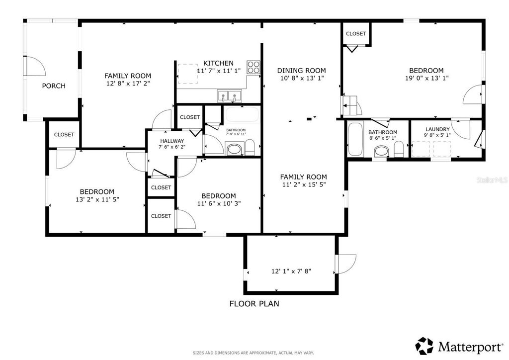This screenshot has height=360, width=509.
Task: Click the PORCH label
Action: [53, 86]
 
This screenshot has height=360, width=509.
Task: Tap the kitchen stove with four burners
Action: [254, 67]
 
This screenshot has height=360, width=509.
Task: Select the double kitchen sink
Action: [229, 95]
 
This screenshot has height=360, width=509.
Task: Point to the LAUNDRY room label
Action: [437, 129]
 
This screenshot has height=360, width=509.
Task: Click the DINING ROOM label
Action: [301, 71]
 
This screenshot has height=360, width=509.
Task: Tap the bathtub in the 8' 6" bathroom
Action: [355, 139]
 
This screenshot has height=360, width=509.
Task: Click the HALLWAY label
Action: [171, 141]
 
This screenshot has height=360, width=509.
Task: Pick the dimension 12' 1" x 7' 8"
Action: [291, 271]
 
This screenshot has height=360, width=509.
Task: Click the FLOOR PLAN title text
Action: [254, 303]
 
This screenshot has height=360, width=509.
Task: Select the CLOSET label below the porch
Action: [64, 135]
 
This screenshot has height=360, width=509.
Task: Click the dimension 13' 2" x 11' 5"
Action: [97, 199]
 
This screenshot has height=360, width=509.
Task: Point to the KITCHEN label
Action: [218, 63]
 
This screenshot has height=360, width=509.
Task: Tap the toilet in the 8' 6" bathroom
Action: [399, 148]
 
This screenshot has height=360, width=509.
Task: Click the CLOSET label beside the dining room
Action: [355, 34]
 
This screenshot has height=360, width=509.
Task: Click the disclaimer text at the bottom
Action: [254, 353]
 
